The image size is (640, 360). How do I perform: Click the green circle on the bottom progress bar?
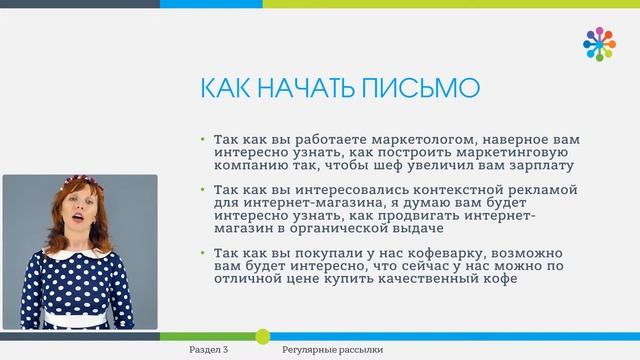point(263,337)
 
